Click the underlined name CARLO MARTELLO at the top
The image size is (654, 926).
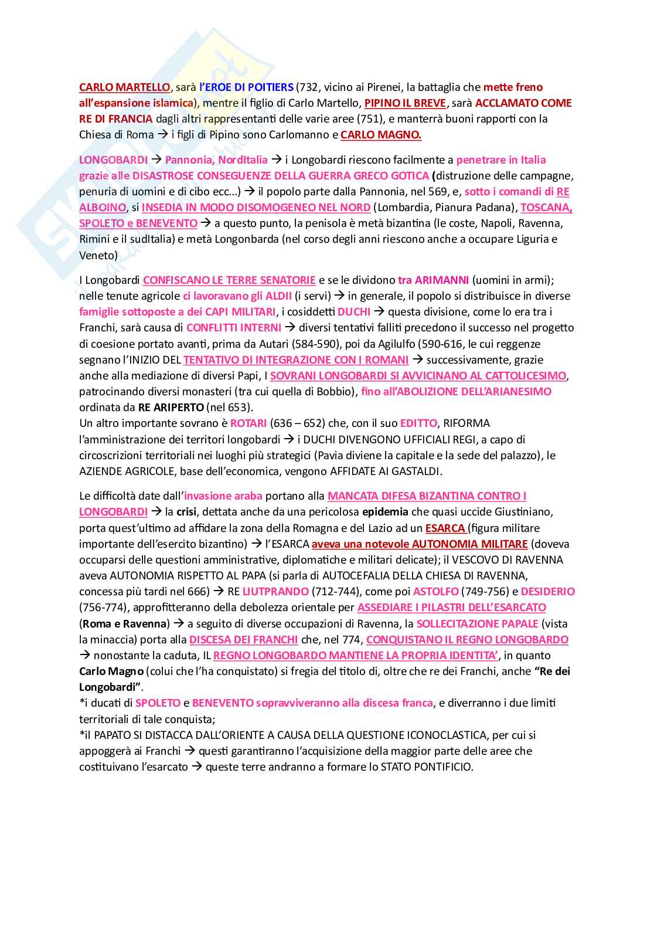124,87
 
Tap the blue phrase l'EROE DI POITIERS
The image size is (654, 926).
246,87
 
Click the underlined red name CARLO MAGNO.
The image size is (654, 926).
381,135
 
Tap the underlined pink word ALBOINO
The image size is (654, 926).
103,208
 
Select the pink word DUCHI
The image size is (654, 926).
354,312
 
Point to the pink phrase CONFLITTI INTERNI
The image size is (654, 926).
234,328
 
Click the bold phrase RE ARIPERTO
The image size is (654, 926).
171,408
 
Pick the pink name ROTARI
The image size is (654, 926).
248,423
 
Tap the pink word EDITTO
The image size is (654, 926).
418,423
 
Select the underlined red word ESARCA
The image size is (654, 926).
445,528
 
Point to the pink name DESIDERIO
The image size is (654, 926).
547,592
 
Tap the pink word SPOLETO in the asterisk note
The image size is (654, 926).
158,703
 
